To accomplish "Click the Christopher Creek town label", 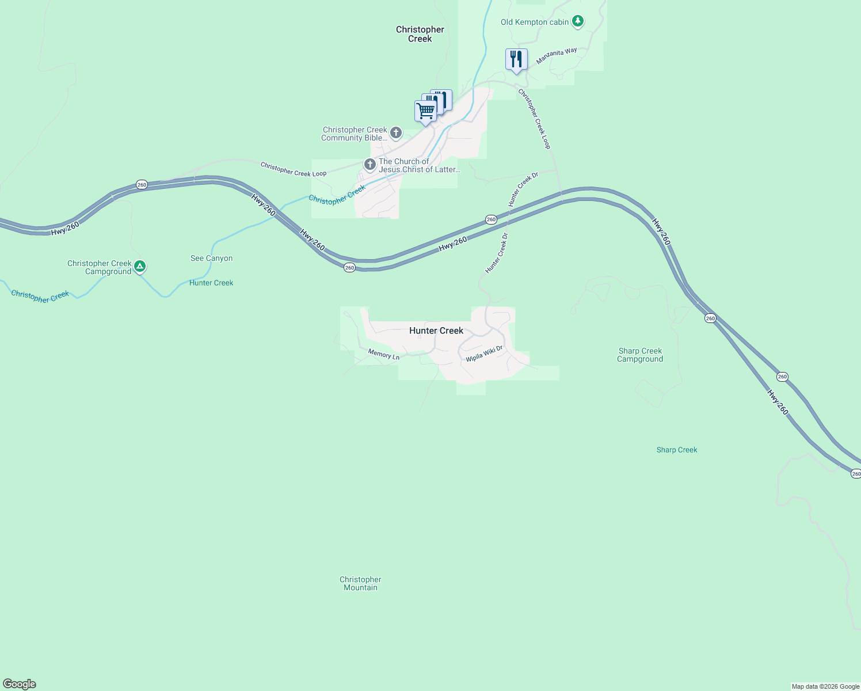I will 420,34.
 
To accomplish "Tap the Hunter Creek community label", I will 436,331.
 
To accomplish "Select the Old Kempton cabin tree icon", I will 578,22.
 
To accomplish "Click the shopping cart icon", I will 425,111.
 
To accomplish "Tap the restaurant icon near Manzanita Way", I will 516,59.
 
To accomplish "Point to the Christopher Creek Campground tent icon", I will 140,267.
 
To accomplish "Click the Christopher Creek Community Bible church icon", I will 396,134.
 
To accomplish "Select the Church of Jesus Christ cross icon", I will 370,165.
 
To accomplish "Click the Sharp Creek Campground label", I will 640,355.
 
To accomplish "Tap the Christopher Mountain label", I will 360,583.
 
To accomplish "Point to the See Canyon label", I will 212,259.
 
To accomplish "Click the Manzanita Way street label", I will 557,56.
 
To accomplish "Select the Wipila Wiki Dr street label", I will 484,354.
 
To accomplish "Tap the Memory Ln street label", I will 384,354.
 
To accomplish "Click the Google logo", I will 20,684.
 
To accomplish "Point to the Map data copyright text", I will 825,686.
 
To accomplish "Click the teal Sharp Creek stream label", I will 677,450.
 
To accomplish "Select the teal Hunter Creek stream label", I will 211,283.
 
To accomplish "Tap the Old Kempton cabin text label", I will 535,22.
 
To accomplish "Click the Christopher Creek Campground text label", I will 100,267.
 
